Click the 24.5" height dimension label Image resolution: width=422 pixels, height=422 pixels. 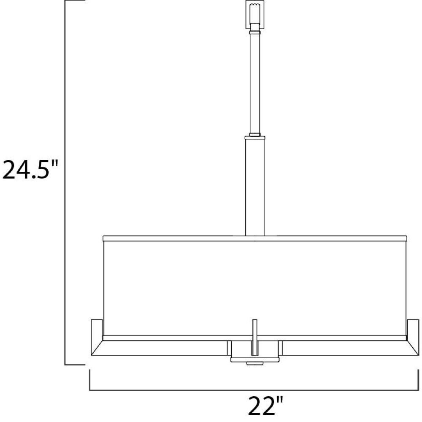point(30,169)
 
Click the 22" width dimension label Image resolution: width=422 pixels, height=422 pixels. point(265,405)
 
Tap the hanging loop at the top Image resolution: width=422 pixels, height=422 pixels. point(254,14)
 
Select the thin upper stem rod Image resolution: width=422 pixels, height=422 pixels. point(255,84)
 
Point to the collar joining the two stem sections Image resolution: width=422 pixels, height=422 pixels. point(255,138)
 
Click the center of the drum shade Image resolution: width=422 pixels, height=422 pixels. point(255,288)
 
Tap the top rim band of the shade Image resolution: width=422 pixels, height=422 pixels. point(255,238)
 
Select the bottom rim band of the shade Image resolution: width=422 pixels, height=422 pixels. point(255,338)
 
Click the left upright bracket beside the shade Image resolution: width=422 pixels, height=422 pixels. point(97,327)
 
